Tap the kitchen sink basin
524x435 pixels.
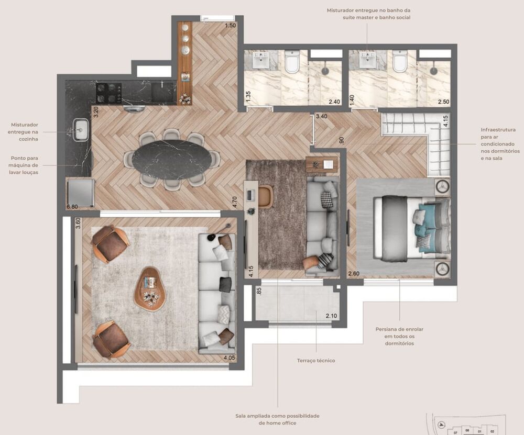[81, 129]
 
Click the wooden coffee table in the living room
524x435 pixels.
[150, 289]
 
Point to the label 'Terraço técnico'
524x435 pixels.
[315, 361]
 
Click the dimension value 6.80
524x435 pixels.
[72, 207]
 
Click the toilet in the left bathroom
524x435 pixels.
[292, 62]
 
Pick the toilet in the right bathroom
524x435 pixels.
[400, 62]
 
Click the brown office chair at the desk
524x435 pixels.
[265, 196]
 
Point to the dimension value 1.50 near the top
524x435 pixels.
[230, 26]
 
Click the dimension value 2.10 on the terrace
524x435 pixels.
[331, 316]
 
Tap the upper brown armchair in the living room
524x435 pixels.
[110, 243]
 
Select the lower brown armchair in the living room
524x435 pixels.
[111, 339]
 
